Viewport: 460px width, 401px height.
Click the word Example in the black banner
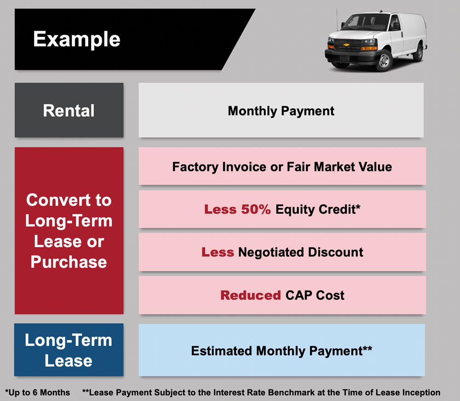point(76,39)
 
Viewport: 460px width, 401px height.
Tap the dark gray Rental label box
point(69,110)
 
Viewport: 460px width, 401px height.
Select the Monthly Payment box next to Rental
point(281,111)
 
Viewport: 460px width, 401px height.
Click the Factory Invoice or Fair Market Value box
point(282,166)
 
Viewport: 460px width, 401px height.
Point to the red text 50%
point(255,210)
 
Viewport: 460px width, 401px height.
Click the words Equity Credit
point(317,210)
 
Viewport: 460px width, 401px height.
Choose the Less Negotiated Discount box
point(282,252)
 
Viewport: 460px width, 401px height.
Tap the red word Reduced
point(250,295)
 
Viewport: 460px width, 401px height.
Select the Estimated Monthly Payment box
point(282,351)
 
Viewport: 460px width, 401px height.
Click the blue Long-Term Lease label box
point(69,350)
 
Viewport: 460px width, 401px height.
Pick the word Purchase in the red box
point(69,262)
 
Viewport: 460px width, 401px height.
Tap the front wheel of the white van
point(383,60)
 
